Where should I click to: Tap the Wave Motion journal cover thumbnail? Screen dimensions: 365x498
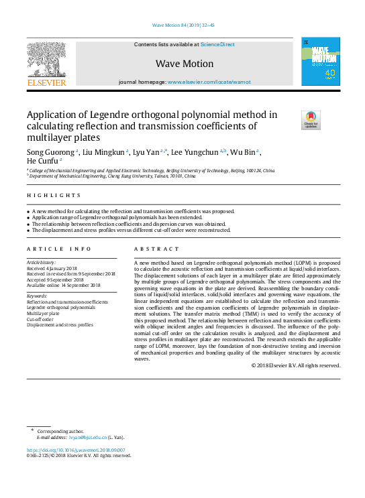click(317, 61)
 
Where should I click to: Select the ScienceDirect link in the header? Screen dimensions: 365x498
click(217, 44)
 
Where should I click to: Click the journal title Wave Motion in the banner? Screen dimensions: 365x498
click(185, 64)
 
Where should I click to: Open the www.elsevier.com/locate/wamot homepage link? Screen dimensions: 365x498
click(209, 82)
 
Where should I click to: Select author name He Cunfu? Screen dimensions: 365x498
click(42, 161)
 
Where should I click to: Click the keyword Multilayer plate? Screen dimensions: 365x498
click(43, 313)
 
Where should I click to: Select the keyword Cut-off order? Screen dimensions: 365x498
click(40, 319)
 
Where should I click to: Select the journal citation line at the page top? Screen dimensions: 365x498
click(183, 25)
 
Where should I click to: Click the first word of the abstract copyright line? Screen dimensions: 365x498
click(253, 365)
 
